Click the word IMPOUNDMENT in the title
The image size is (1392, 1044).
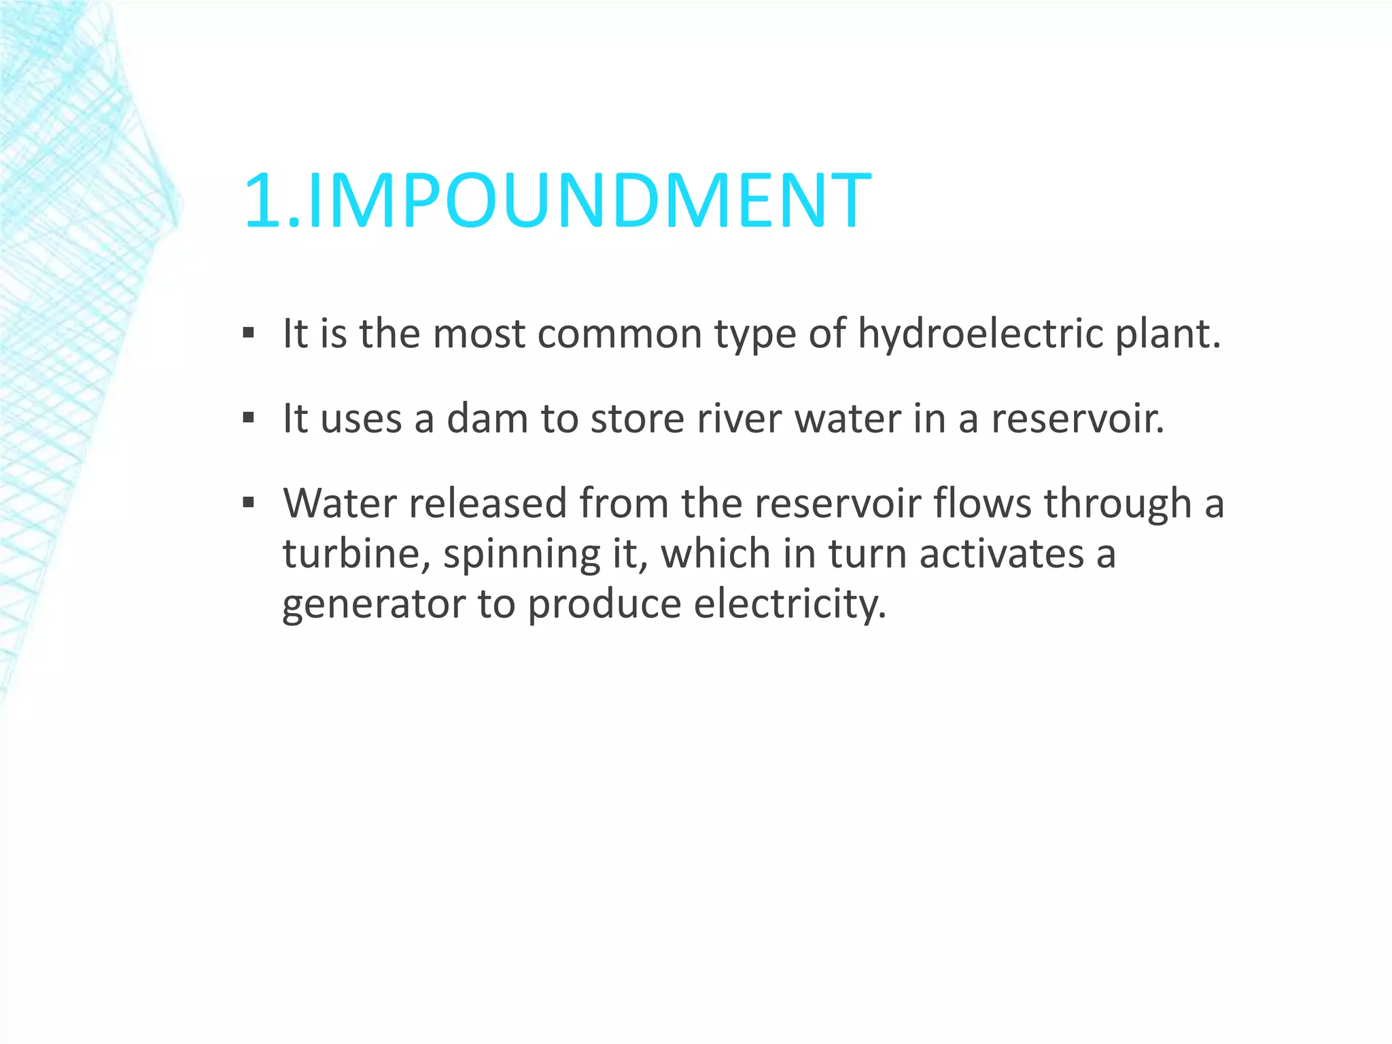pos(589,201)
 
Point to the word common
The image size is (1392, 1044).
pos(619,334)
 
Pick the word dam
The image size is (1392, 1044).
pos(487,419)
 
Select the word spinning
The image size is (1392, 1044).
pos(521,553)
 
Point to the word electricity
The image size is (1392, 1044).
pos(790,604)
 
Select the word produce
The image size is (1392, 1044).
pos(604,604)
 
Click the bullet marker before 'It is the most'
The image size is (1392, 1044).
pos(248,334)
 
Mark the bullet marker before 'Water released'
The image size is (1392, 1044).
pos(248,503)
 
